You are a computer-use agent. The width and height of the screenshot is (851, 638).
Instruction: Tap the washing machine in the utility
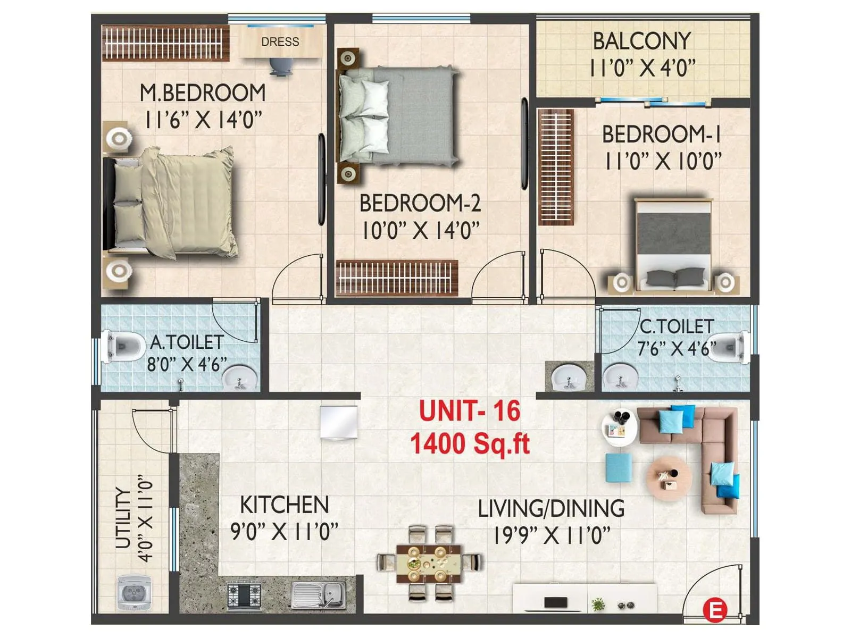click(x=134, y=592)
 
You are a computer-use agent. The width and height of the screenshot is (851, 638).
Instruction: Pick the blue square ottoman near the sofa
click(x=619, y=468)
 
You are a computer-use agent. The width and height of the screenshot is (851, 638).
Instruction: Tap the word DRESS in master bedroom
click(x=280, y=41)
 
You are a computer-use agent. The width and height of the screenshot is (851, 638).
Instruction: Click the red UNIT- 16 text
click(x=469, y=411)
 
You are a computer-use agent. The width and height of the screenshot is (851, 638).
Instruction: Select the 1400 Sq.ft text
click(x=470, y=443)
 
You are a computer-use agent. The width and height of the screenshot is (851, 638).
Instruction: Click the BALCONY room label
click(x=641, y=41)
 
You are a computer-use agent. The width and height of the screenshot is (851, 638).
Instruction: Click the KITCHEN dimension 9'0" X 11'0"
click(x=284, y=531)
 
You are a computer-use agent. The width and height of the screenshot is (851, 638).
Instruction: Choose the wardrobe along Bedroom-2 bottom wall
click(x=397, y=278)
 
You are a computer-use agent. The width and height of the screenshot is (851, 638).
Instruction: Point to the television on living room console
click(x=555, y=603)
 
